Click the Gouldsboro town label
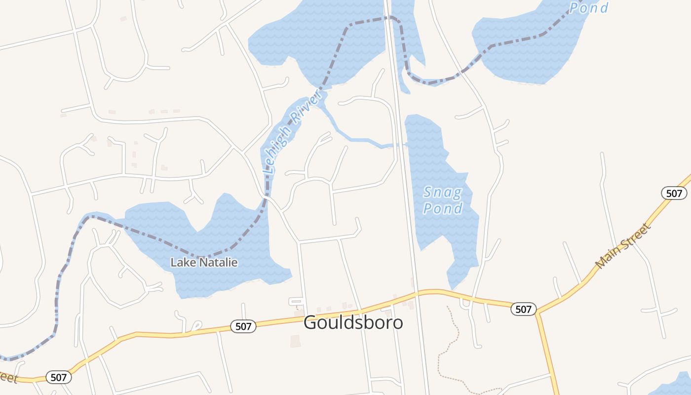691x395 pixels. (x=353, y=323)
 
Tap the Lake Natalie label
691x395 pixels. (x=204, y=263)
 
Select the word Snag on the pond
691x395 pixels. (x=442, y=192)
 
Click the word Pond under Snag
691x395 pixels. (x=443, y=208)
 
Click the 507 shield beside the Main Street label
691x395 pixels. (x=674, y=193)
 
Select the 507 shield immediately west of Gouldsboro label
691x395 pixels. (x=243, y=326)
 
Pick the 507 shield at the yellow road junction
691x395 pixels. (x=523, y=309)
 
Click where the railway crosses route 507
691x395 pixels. (x=418, y=293)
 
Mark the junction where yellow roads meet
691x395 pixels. (x=537, y=313)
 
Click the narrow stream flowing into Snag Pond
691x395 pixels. (x=360, y=140)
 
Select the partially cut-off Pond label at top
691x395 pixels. (x=588, y=7)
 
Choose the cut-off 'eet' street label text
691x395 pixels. (x=9, y=378)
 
